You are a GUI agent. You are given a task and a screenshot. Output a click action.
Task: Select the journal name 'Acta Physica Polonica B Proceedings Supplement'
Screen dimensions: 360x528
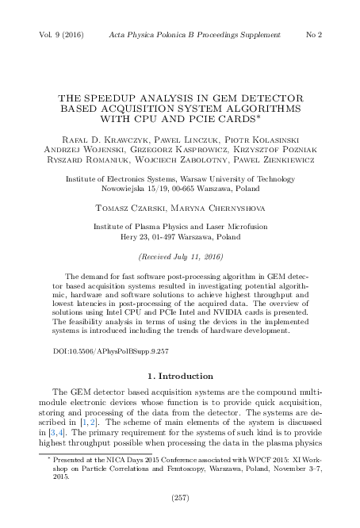click(183, 36)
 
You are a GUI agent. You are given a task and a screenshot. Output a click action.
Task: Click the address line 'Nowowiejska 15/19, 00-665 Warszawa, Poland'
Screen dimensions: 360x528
click(180, 190)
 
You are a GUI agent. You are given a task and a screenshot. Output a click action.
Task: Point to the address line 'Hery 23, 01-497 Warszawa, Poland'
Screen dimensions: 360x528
click(180, 237)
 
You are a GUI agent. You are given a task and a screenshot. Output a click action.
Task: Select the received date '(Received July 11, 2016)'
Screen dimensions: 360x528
click(180, 258)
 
